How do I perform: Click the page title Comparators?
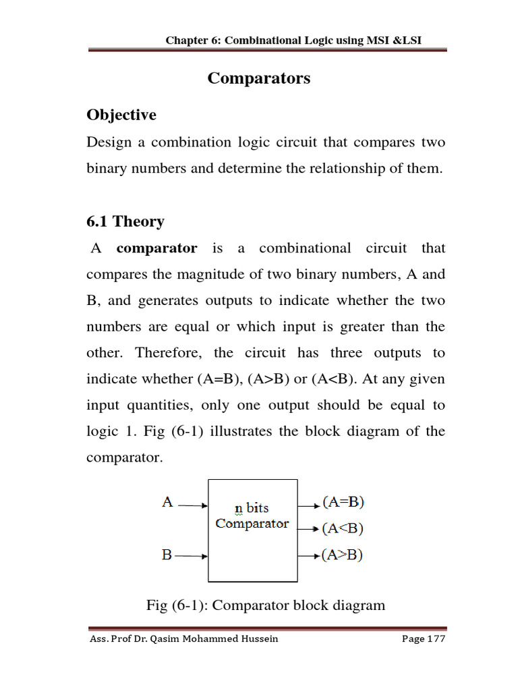[259, 78]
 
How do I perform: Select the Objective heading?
[121, 115]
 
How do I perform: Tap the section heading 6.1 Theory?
[125, 221]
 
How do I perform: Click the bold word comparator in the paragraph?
[156, 248]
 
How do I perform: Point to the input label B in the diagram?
[167, 555]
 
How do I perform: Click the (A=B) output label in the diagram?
[343, 503]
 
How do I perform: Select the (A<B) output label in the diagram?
[343, 529]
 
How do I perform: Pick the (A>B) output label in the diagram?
[343, 555]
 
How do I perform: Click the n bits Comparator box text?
[252, 516]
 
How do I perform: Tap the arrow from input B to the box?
[194, 556]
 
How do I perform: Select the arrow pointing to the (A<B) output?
[308, 530]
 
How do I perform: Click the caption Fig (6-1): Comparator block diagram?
[266, 605]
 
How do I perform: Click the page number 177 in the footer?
[436, 639]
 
